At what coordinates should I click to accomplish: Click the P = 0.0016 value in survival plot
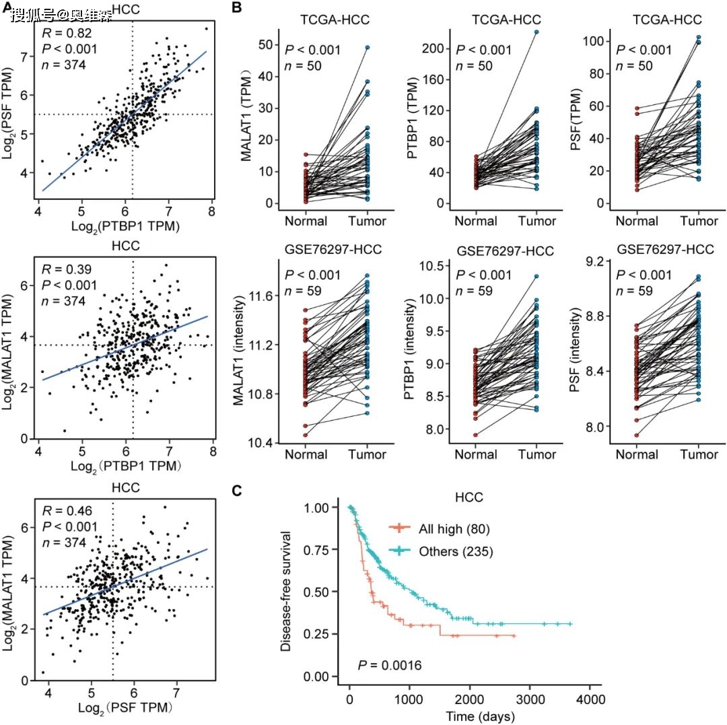[389, 666]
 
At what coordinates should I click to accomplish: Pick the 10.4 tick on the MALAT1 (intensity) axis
[259, 442]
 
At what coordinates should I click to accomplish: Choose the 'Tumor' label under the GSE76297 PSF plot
[700, 454]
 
